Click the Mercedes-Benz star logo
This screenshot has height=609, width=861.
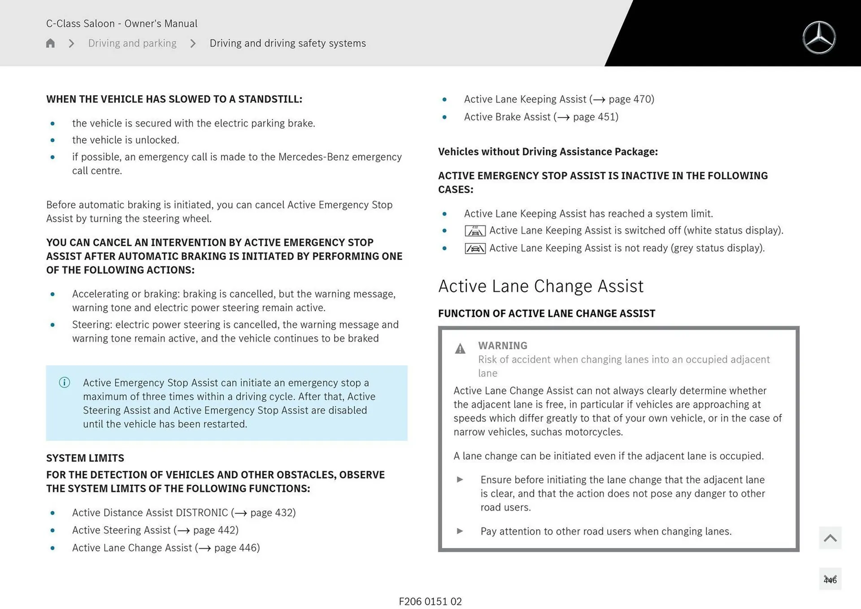(819, 38)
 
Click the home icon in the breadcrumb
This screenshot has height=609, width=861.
(50, 43)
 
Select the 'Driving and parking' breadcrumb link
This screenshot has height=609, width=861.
(132, 43)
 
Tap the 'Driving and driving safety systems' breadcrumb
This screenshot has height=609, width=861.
(287, 43)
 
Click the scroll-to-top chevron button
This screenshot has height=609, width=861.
(830, 538)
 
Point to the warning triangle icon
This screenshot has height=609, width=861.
(460, 348)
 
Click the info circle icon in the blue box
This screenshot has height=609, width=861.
(65, 383)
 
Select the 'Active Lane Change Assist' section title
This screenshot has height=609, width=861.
(540, 286)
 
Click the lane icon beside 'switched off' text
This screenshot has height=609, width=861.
(475, 231)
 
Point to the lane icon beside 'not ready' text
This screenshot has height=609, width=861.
(475, 248)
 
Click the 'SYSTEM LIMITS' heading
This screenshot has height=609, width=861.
(85, 458)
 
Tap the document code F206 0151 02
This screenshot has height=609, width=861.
(430, 601)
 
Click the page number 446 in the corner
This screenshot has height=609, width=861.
(830, 580)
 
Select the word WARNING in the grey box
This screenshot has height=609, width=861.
(502, 345)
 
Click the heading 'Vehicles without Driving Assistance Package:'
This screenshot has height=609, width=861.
(548, 152)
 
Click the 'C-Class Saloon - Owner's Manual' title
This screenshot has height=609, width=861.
(122, 23)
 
